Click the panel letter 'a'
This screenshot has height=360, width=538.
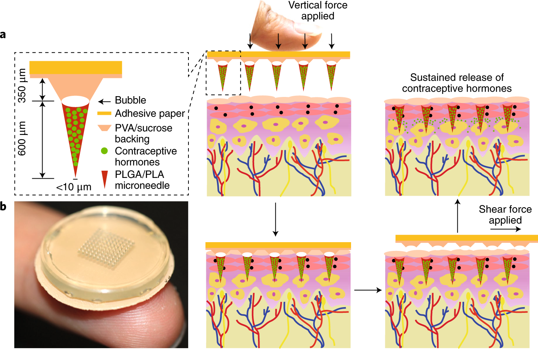pyautogui.click(x=3, y=35)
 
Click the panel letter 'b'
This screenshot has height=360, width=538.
pyautogui.click(x=3, y=206)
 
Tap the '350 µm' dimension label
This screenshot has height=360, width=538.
pyautogui.click(x=22, y=86)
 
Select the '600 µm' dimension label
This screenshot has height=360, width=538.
pyautogui.click(x=22, y=139)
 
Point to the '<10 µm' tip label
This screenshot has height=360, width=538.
pyautogui.click(x=74, y=187)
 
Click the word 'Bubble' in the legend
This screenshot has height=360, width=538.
pyautogui.click(x=130, y=100)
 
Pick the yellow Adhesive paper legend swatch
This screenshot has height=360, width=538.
pyautogui.click(x=104, y=113)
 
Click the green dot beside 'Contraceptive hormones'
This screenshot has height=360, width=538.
pyautogui.click(x=104, y=151)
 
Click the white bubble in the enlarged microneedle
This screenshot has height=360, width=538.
pyautogui.click(x=76, y=101)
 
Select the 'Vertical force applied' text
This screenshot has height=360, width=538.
pyautogui.click(x=318, y=11)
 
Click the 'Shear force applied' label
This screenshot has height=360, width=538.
pyautogui.click(x=505, y=215)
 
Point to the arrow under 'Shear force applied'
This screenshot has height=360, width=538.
pyautogui.click(x=505, y=229)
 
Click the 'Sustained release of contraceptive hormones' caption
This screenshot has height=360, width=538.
pyautogui.click(x=457, y=83)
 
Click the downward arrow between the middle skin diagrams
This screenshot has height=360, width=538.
pyautogui.click(x=275, y=220)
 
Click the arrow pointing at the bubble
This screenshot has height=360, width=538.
pyautogui.click(x=104, y=101)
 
